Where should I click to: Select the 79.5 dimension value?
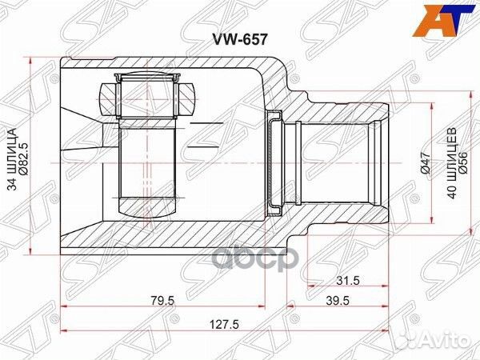pyautogui.click(x=166, y=302)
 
